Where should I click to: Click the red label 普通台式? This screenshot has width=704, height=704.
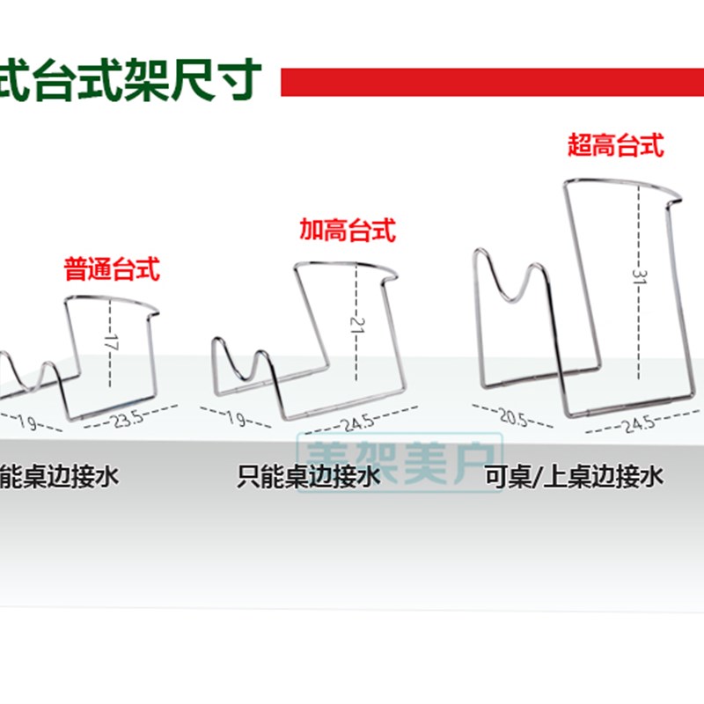(112, 269)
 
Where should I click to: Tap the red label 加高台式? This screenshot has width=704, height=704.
(348, 231)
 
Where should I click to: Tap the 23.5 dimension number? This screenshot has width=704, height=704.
(127, 418)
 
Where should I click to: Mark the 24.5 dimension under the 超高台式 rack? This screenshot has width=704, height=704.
(637, 424)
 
